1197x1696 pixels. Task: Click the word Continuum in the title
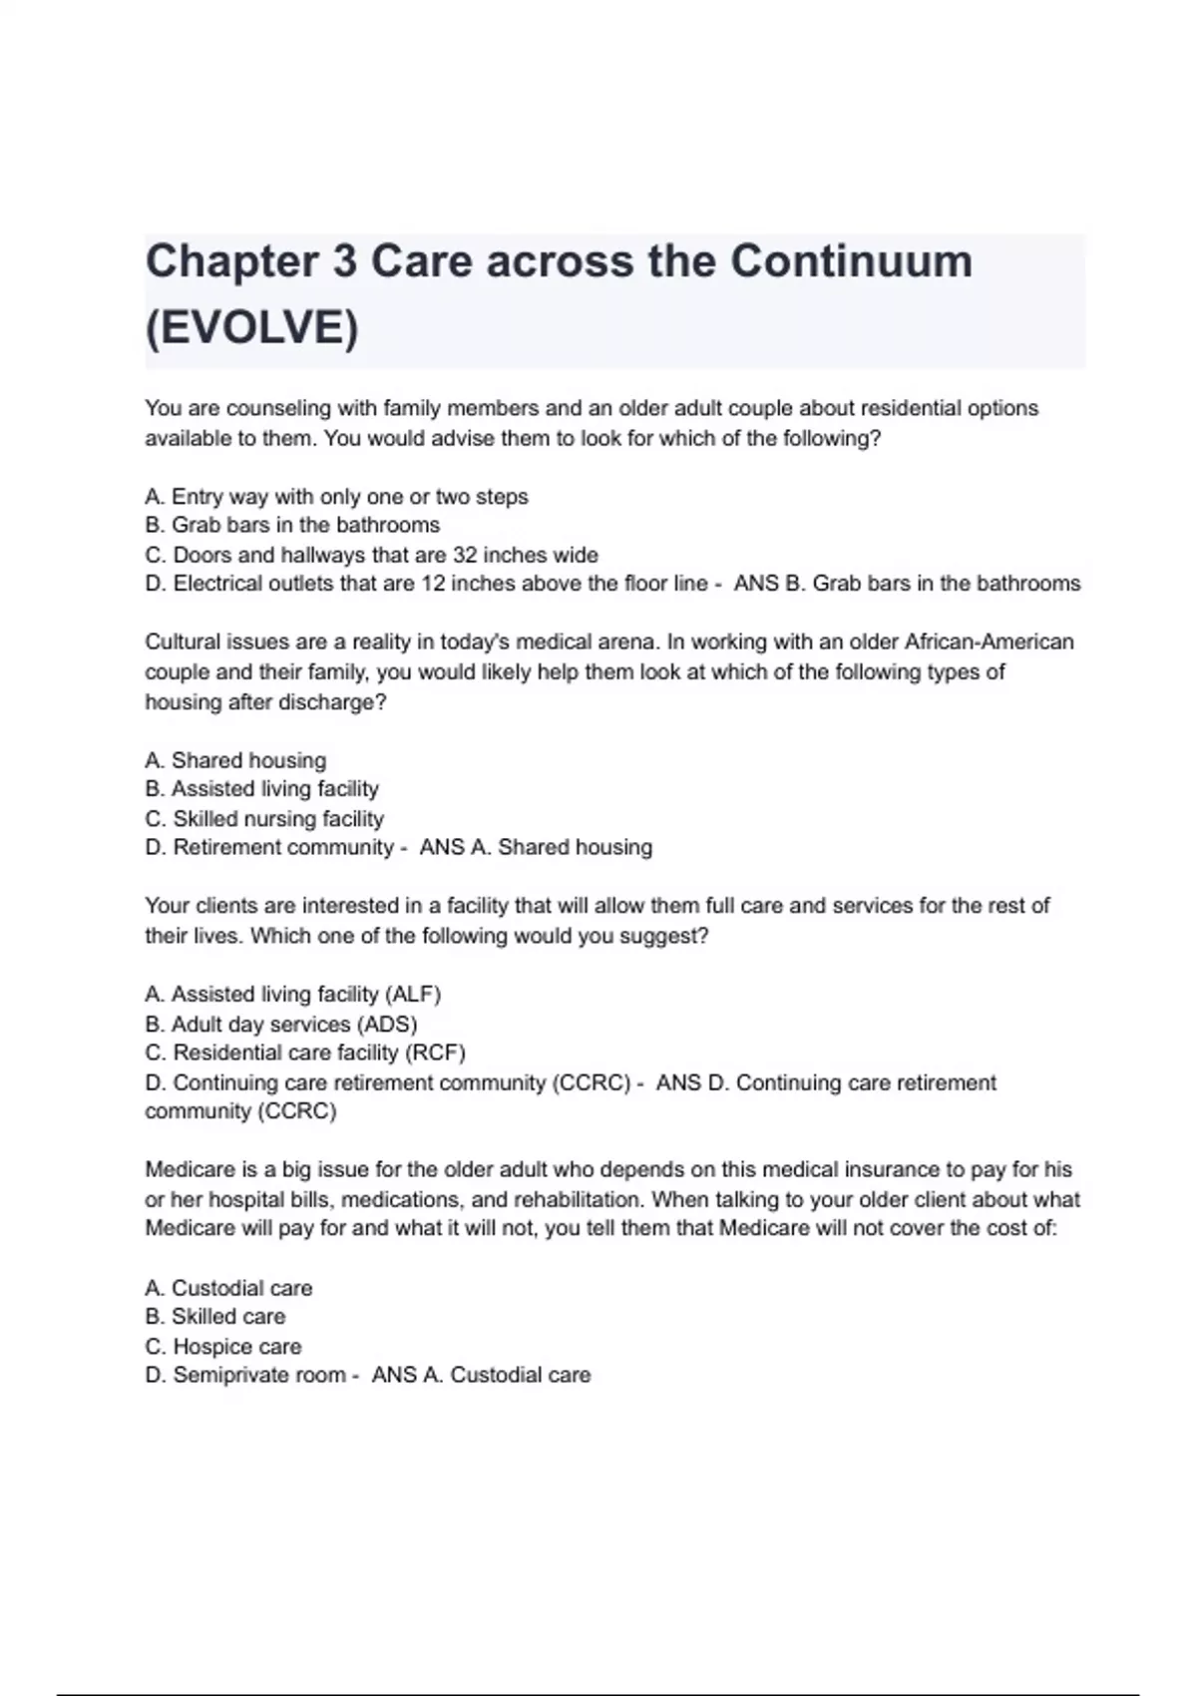(851, 262)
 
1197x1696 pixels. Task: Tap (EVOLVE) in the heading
(251, 328)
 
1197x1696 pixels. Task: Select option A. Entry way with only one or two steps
(336, 497)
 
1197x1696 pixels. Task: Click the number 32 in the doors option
(465, 555)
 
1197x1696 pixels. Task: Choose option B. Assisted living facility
(261, 789)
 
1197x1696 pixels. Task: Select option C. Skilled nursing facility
(264, 819)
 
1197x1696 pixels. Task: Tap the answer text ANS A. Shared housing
(536, 848)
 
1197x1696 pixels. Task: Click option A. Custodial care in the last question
(228, 1288)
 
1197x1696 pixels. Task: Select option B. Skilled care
(214, 1317)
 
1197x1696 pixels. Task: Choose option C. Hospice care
(222, 1347)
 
